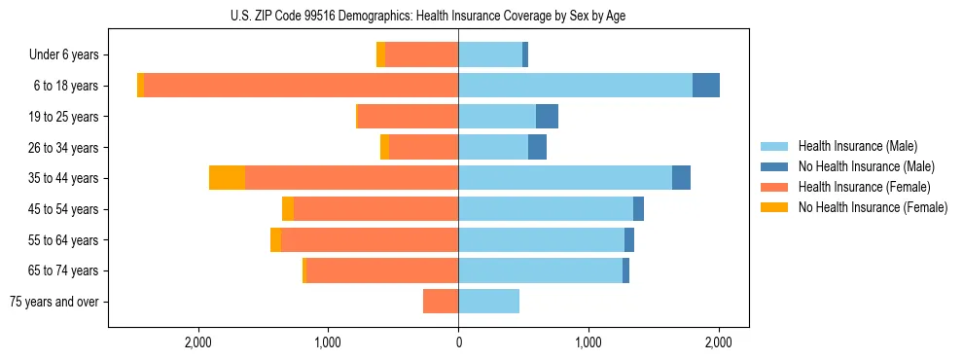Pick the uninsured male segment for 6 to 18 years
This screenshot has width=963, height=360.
(x=706, y=86)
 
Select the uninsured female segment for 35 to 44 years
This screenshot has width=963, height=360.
(x=227, y=178)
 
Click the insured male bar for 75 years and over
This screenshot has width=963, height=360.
(x=488, y=302)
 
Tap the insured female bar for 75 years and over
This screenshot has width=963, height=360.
(x=441, y=302)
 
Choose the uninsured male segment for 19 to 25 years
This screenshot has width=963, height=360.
(x=547, y=117)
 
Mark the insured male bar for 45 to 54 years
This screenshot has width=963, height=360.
(x=546, y=209)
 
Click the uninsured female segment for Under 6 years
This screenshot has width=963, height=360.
(x=380, y=55)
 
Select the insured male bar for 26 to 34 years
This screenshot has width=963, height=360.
(x=493, y=147)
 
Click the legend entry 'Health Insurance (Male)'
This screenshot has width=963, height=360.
(x=857, y=146)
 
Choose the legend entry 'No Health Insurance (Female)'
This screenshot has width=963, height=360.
(x=872, y=207)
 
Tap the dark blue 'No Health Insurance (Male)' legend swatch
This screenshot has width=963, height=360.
(x=775, y=166)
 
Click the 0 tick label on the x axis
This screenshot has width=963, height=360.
(x=458, y=342)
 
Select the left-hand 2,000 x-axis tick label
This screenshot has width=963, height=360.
(x=198, y=342)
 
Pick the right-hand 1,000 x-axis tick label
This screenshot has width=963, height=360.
(x=588, y=342)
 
